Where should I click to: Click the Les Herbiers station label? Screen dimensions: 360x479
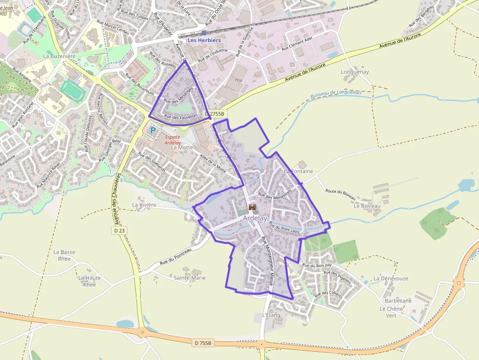[204, 40]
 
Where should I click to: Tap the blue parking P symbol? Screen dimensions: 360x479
[153, 130]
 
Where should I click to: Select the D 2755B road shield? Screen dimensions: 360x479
[215, 114]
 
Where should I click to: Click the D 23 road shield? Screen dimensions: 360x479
[119, 230]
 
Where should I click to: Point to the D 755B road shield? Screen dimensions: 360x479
[203, 343]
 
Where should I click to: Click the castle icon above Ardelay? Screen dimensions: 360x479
[253, 207]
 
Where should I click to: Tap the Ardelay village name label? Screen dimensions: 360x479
[255, 218]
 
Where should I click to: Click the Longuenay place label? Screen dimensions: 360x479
[354, 72]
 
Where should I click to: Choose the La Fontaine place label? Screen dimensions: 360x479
[298, 171]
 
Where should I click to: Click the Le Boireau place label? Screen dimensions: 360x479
[367, 206]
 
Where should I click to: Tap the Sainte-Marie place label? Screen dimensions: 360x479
[190, 277]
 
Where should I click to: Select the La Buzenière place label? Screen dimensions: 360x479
[60, 56]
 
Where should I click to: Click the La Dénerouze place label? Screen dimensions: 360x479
[391, 278]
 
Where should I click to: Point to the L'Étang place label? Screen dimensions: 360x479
[271, 315]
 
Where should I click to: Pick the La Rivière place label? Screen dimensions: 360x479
[144, 205]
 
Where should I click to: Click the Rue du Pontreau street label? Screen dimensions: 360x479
[174, 257]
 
